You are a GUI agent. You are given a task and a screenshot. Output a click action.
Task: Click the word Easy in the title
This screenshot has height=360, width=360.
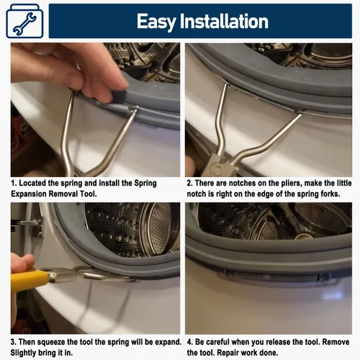tap(156, 22)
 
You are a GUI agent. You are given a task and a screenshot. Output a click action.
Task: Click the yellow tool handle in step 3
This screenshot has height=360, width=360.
tap(30, 279)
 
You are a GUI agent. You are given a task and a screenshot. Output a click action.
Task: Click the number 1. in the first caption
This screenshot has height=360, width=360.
tap(14, 184)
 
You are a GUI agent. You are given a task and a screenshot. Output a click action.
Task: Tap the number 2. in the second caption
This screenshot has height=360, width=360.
tap(190, 184)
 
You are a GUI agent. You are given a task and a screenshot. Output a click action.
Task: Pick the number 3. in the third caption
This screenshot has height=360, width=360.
tap(14, 342)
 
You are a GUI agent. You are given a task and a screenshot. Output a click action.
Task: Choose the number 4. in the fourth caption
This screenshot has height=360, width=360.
tap(190, 342)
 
